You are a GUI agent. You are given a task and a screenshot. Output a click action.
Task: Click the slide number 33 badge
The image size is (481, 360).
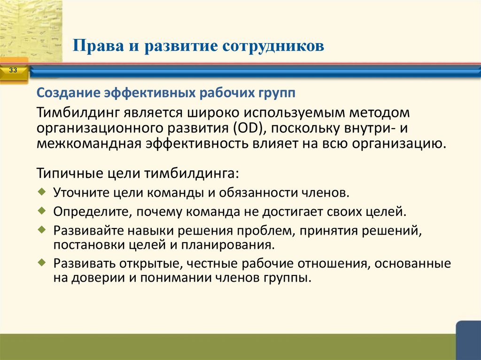click(13, 70)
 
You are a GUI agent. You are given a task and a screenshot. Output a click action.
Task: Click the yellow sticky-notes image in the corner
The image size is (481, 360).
click(31, 31)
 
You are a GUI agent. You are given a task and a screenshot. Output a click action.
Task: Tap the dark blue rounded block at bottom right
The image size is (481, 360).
click(468, 340)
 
